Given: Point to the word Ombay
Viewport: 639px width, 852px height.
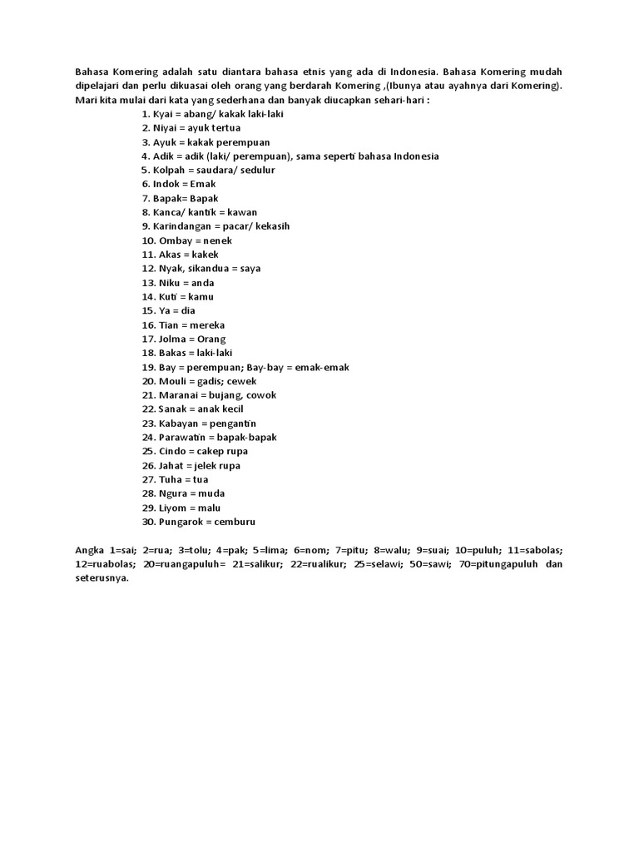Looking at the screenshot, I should pos(176,240).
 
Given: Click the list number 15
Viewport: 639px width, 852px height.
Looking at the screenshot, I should pos(148,310).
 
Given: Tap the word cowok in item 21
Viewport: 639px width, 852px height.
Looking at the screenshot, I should pos(258,395).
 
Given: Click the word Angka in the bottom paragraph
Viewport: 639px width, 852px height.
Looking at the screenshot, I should pos(89,550).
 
